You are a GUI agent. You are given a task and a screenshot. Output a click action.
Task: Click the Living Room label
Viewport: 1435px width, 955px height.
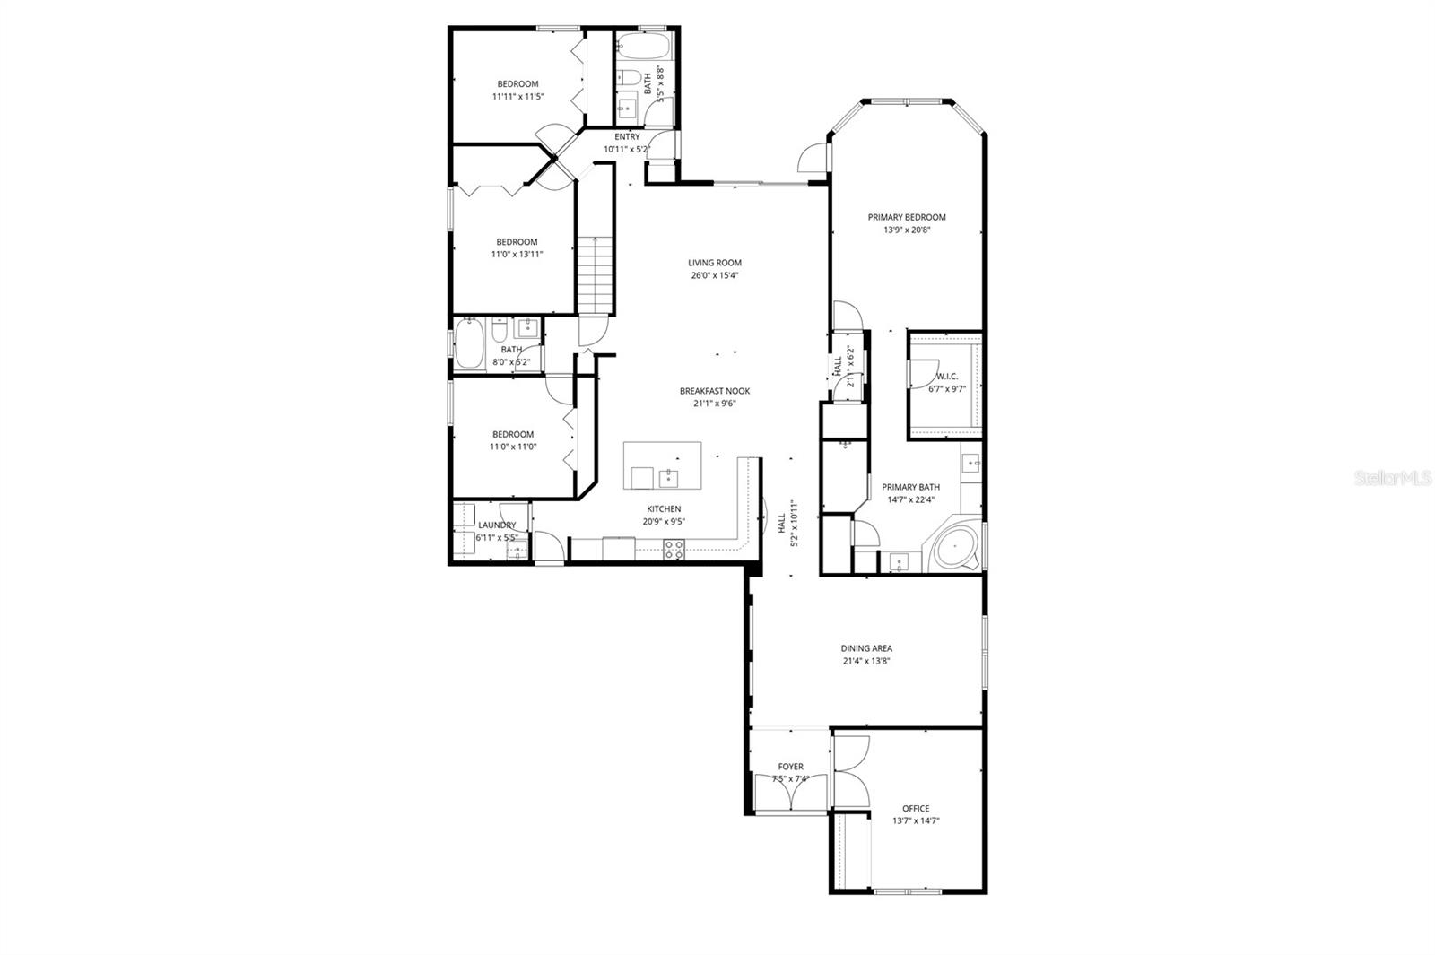point(715,263)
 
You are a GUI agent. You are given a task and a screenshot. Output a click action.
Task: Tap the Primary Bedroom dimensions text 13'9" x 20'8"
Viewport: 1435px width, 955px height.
point(907,230)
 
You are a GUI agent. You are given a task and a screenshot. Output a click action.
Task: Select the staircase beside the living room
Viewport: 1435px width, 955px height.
point(594,273)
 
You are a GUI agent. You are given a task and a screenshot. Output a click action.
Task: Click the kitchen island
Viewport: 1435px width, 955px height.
point(662,465)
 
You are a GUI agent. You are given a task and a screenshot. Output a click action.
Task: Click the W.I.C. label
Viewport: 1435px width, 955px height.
point(947,377)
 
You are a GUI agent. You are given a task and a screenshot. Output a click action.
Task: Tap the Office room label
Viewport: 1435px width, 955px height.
point(916,808)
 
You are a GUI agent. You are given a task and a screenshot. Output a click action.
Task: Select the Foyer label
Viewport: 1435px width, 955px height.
point(790,767)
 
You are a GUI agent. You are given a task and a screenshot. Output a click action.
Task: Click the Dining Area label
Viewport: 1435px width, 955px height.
point(866,648)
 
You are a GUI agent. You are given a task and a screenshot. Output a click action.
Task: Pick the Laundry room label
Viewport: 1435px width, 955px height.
point(497,525)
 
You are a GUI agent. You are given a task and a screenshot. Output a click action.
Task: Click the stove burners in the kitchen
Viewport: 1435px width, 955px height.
point(674,549)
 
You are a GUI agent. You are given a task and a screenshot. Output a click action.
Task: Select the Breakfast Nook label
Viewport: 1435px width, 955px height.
point(714,391)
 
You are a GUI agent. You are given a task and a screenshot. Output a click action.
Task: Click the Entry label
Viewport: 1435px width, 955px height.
point(627,137)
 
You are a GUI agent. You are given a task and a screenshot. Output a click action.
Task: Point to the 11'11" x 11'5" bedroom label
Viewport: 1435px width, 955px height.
point(518,84)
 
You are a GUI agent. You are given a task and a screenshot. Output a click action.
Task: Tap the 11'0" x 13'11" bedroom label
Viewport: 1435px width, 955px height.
point(517,242)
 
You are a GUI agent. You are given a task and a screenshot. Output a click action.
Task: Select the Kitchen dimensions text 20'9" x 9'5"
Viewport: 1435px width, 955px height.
point(664,521)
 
